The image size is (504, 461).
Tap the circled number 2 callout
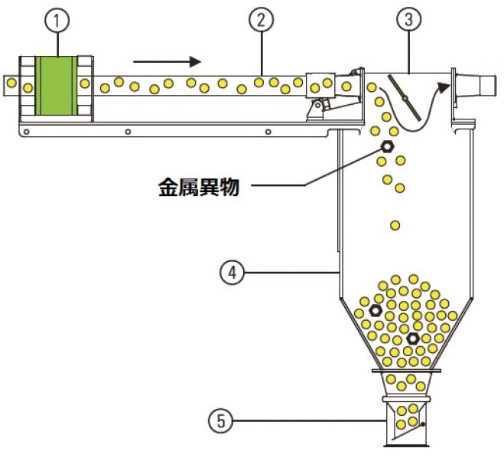tap(261, 21)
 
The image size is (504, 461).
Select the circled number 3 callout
tap(409, 21)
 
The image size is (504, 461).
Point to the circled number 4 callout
tap(232, 271)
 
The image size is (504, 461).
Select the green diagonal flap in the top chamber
tap(404, 96)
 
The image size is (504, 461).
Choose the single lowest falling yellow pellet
tap(395, 225)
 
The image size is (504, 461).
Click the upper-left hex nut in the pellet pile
tap(376, 310)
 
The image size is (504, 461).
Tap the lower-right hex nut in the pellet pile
tap(412, 338)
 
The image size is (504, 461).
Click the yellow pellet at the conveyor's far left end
tap(28, 87)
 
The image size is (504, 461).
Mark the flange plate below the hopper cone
tap(406, 372)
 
